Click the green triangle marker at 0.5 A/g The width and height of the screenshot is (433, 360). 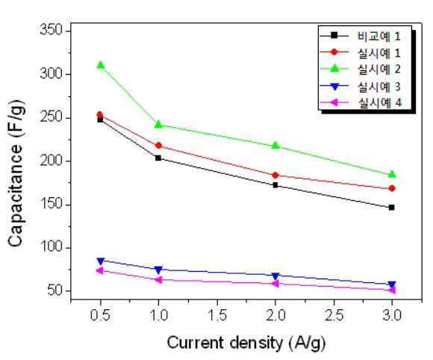101,65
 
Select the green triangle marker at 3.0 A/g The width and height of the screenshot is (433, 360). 392,174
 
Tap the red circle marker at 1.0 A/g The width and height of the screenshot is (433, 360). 158,146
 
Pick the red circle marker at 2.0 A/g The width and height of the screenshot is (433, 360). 275,176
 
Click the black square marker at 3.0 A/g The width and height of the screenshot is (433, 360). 392,208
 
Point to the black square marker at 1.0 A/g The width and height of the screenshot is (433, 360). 158,158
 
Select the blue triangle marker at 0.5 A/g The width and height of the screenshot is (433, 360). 101,261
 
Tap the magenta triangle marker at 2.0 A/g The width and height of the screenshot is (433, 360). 275,284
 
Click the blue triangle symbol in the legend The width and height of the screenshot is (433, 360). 334,87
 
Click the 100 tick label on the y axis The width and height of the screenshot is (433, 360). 52,246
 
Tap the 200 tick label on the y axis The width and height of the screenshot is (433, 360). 52,161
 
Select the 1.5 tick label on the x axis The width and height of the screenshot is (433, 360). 217,315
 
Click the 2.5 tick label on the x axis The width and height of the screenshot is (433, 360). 334,315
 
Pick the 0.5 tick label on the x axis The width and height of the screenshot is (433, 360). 100,315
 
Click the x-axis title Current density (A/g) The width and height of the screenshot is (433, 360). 246,343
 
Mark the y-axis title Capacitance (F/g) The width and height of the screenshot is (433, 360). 16,173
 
